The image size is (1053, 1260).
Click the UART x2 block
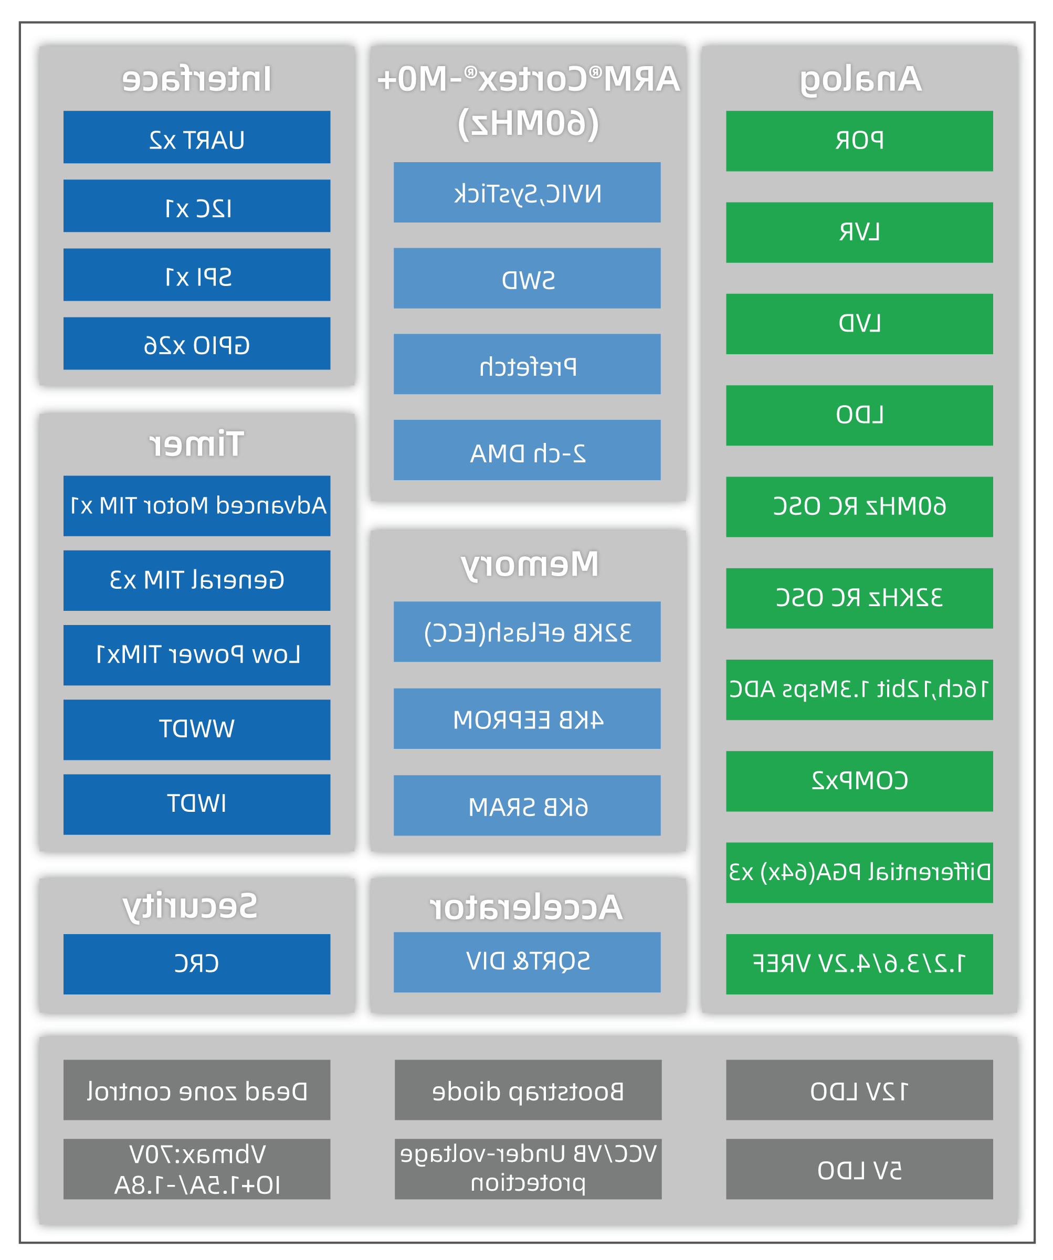point(197,137)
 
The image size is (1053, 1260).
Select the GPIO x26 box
point(197,343)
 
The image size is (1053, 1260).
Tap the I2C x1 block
point(197,206)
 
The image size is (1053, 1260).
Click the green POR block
point(859,141)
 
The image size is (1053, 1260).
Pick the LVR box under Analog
point(859,232)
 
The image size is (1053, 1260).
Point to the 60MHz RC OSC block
point(859,507)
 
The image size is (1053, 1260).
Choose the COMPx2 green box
point(859,781)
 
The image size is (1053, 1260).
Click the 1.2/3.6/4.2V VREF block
point(859,964)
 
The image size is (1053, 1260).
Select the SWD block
point(527,279)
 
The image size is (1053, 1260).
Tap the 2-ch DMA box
point(527,450)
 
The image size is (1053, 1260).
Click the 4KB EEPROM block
point(527,718)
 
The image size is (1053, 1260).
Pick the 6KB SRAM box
point(527,805)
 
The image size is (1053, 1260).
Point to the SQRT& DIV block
point(527,962)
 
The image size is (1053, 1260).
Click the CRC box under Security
point(197,964)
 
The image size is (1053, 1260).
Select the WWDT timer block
point(197,729)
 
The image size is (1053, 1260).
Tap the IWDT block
point(197,804)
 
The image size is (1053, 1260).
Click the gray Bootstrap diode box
point(528,1089)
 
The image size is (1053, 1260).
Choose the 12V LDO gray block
point(859,1089)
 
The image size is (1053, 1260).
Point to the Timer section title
point(197,444)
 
